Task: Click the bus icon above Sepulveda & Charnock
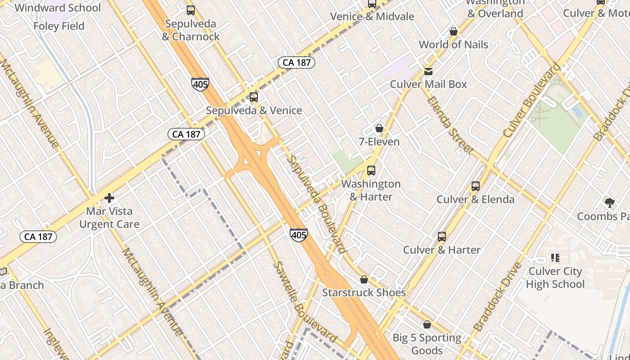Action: [x=191, y=10]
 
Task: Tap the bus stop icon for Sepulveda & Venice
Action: [x=254, y=97]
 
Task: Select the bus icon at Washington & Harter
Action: [x=371, y=171]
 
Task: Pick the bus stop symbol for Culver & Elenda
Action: [x=476, y=186]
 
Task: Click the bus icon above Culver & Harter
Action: [x=442, y=237]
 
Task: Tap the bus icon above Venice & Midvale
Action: [x=372, y=4]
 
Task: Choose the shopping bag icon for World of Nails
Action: [x=454, y=31]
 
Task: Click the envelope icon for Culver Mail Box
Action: [x=428, y=72]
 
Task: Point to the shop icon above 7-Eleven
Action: [x=379, y=129]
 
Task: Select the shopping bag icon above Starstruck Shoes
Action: [x=364, y=279]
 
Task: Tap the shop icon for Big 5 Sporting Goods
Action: [x=427, y=324]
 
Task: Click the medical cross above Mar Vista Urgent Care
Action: [x=109, y=198]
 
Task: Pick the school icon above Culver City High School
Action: [x=555, y=258]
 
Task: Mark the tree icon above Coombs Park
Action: [x=610, y=203]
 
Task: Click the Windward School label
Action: [x=58, y=8]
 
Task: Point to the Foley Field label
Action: [x=59, y=26]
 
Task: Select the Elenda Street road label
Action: [x=449, y=124]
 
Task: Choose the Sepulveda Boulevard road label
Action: [x=318, y=205]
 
